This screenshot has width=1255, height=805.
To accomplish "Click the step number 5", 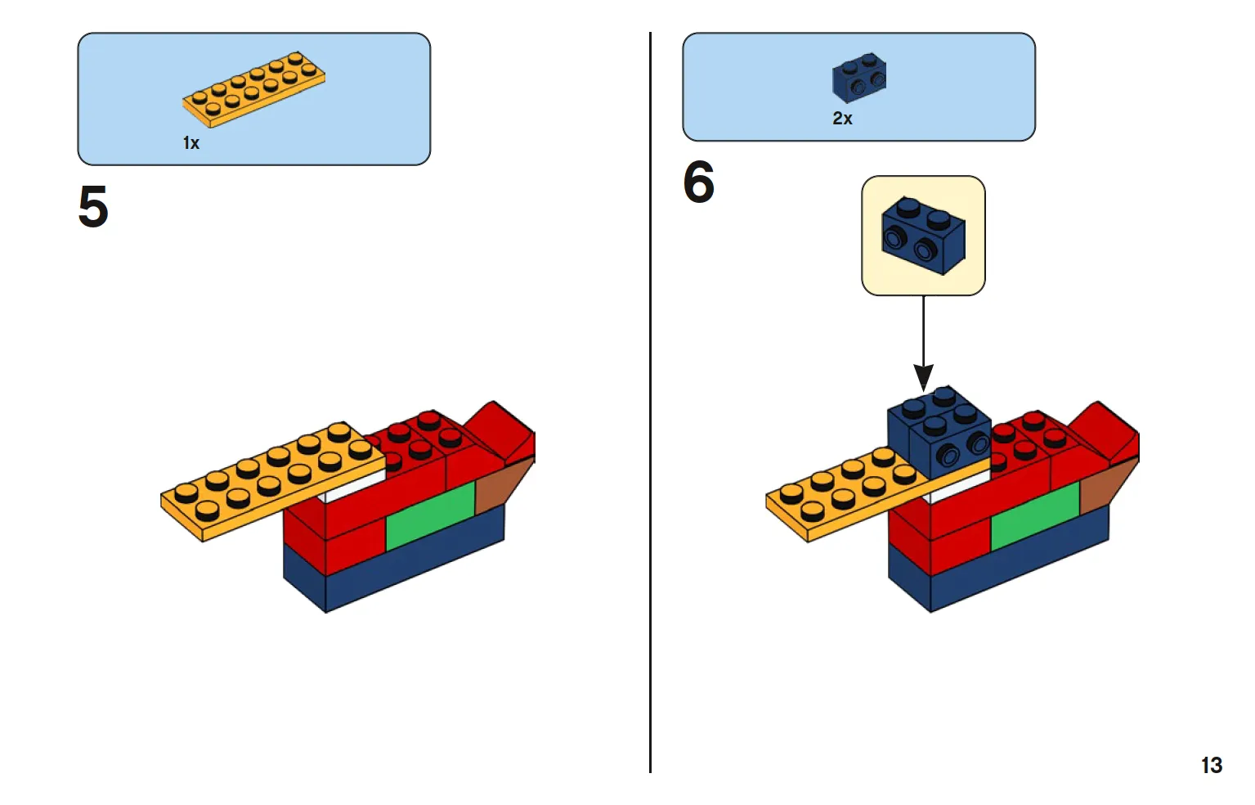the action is (93, 206).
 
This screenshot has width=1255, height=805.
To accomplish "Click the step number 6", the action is (699, 182).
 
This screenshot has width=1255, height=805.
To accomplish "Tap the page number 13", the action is (1212, 765).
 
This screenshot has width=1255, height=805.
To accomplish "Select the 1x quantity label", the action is (191, 143).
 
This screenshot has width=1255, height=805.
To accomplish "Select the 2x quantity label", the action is (842, 119).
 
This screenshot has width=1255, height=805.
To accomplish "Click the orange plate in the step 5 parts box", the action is (253, 89).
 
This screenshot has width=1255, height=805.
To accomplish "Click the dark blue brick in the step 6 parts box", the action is (859, 78).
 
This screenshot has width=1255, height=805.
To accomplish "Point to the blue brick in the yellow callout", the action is (923, 236).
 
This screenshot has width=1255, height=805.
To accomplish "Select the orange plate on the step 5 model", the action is (273, 481).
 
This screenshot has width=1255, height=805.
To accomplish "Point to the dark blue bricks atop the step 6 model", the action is (939, 432).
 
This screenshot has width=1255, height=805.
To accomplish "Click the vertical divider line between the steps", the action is (650, 402).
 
